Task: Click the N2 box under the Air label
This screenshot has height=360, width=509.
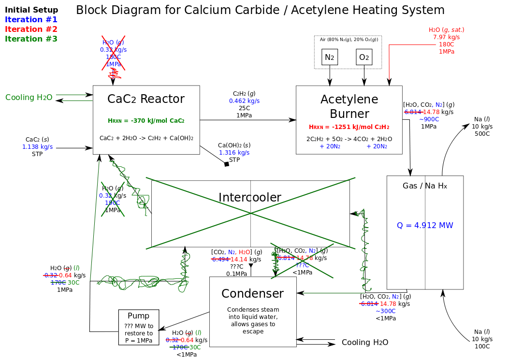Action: (330, 57)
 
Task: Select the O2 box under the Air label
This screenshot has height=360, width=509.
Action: (364, 57)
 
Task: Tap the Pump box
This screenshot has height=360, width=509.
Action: (139, 327)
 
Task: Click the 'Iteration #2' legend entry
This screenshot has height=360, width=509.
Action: (31, 29)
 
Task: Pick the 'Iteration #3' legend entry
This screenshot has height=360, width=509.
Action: (31, 39)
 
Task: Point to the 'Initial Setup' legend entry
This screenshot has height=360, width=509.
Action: (31, 10)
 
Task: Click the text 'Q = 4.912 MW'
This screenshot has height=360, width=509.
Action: (425, 225)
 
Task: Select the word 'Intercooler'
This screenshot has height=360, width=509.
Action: (250, 197)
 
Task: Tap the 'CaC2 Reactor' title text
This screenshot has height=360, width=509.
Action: (146, 99)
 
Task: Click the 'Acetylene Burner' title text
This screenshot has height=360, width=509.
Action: (349, 106)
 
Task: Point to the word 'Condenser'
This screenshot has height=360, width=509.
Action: (252, 293)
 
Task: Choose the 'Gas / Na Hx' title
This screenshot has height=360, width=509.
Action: (425, 186)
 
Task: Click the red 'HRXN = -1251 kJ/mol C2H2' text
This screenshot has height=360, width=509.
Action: (349, 127)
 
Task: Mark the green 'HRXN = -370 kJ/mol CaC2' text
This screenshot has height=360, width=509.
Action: (146, 120)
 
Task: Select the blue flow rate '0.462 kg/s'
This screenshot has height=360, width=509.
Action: (244, 101)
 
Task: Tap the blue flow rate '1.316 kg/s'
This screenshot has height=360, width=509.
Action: (234, 153)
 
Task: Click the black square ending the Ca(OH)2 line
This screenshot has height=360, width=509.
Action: (227, 164)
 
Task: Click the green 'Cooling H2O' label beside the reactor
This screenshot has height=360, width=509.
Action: (29, 98)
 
